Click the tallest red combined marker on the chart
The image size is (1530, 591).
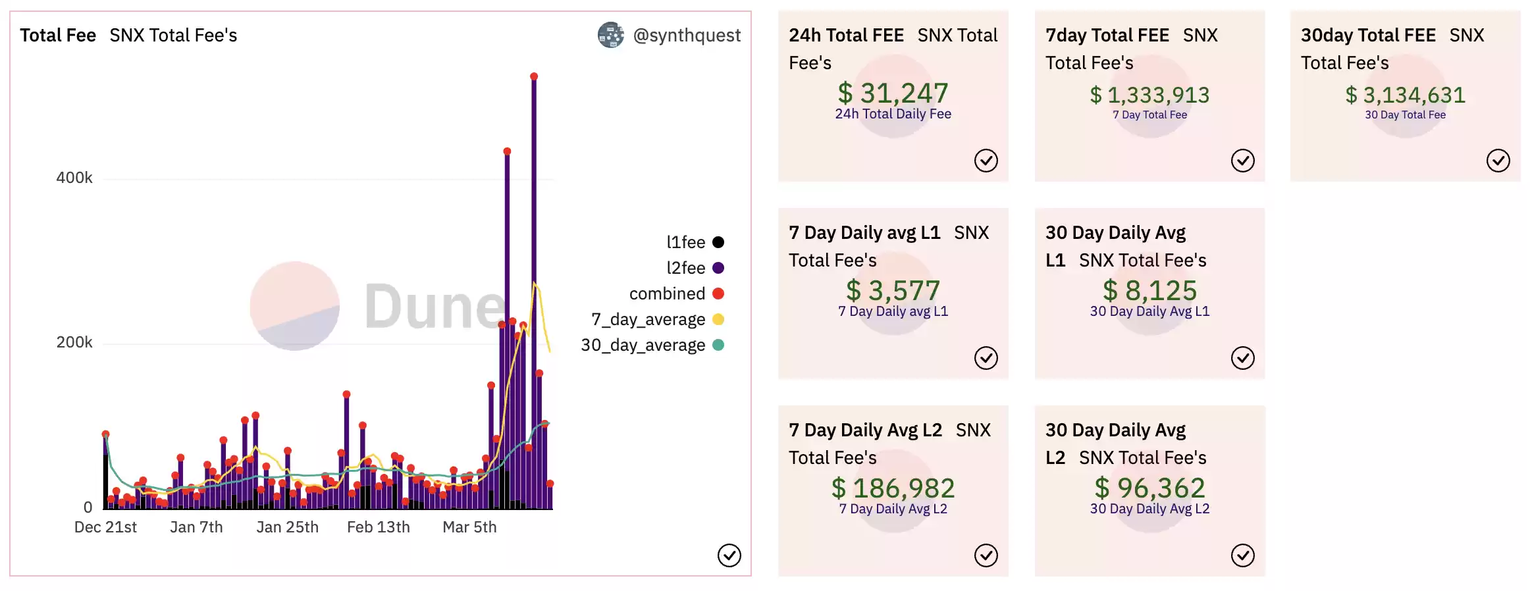point(534,77)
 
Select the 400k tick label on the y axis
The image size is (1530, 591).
point(74,178)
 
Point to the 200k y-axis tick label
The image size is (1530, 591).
point(74,342)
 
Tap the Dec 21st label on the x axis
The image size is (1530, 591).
point(105,527)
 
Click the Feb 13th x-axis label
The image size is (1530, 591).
point(378,527)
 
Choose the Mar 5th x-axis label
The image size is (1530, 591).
point(469,527)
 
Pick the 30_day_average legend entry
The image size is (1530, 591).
point(652,345)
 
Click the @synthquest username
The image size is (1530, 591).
point(687,36)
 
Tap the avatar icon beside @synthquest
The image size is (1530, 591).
point(610,36)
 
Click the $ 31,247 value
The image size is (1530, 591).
point(893,93)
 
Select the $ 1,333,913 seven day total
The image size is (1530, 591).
point(1149,95)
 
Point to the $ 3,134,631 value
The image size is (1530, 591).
point(1405,95)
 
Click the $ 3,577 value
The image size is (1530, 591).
point(893,291)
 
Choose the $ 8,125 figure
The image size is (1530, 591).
point(1149,291)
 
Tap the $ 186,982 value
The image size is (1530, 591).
point(893,488)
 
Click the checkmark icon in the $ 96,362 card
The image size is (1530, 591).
point(1242,555)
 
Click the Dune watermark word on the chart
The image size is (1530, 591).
point(435,307)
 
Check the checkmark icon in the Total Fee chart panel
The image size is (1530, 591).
point(729,555)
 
